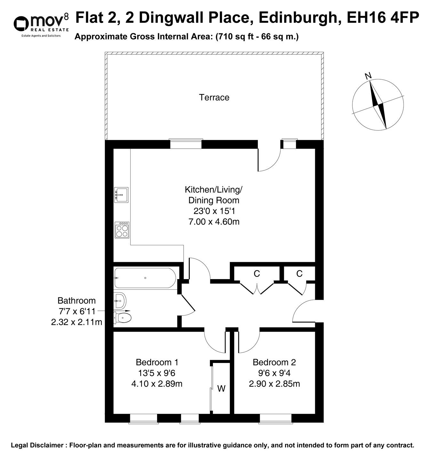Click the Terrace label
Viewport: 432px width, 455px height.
(214, 97)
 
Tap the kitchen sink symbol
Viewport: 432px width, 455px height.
(121, 195)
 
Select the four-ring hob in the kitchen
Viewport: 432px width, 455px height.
(122, 230)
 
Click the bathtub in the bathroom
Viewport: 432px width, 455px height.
(145, 278)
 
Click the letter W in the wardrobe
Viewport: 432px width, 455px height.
(221, 389)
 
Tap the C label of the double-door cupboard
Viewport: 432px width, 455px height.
(257, 274)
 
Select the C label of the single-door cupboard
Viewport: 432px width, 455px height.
(299, 274)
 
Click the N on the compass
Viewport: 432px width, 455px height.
(368, 76)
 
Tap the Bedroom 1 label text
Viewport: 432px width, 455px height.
(157, 362)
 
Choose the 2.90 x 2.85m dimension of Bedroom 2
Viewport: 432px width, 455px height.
(274, 383)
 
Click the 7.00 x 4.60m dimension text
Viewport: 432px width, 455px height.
(214, 221)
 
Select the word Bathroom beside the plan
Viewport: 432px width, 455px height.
(76, 301)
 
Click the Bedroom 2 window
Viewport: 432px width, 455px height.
(275, 418)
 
